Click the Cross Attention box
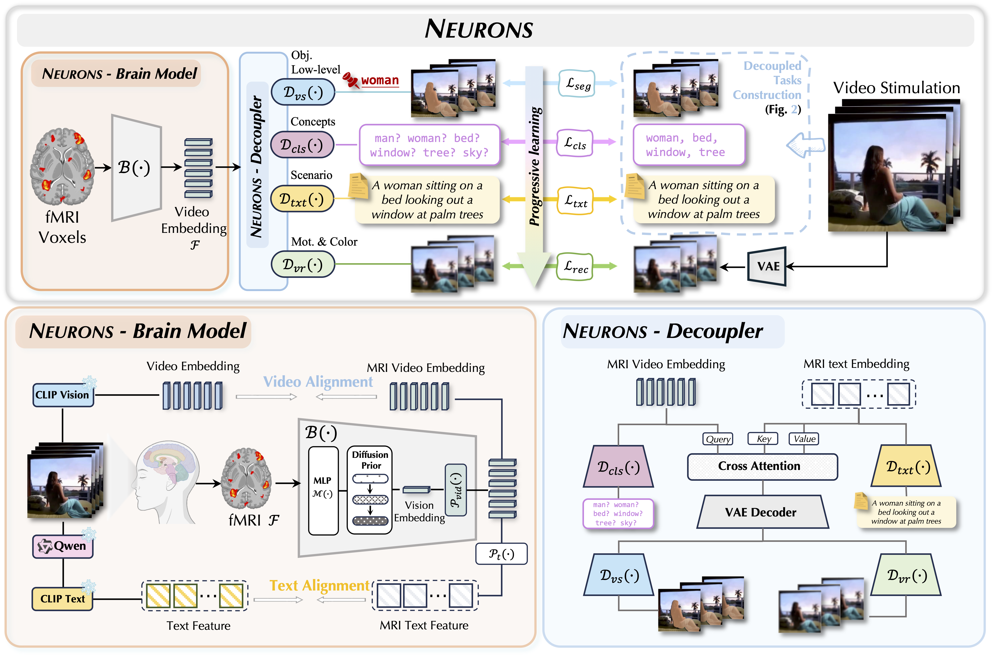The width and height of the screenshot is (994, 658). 762,466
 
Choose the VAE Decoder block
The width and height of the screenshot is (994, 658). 762,512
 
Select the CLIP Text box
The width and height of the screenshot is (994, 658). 63,599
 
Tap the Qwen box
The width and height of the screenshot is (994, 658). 63,546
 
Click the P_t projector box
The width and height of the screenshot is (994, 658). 501,554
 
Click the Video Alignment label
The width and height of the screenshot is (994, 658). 318,382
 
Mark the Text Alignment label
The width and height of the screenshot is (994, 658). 320,585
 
